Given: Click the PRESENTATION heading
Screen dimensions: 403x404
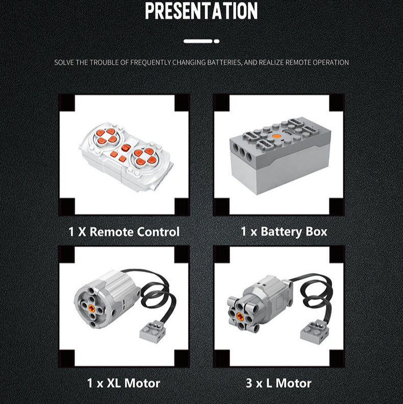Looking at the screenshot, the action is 201,11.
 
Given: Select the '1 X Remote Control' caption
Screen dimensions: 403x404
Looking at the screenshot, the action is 124,231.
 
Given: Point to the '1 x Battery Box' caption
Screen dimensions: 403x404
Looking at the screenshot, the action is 284,231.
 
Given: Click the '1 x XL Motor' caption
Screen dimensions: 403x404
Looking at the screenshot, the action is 123,383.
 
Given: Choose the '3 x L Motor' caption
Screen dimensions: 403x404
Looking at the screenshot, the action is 279,383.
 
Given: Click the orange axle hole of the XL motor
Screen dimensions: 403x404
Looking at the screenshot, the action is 91,307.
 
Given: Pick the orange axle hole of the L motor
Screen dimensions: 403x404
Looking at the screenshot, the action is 240,316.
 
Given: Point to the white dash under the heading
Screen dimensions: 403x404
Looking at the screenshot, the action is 198,41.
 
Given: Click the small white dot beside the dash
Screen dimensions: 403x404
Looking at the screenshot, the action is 216,41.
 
